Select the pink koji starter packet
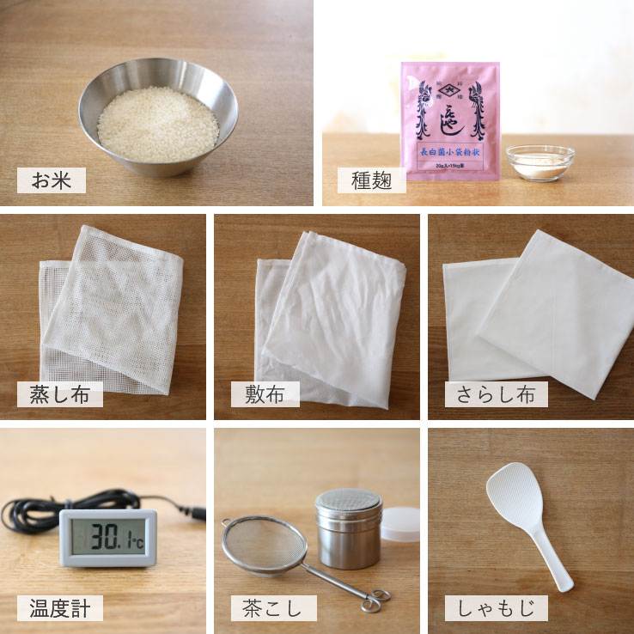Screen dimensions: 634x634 449,120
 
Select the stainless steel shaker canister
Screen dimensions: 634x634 348,527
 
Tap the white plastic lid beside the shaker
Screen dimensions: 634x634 399,523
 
